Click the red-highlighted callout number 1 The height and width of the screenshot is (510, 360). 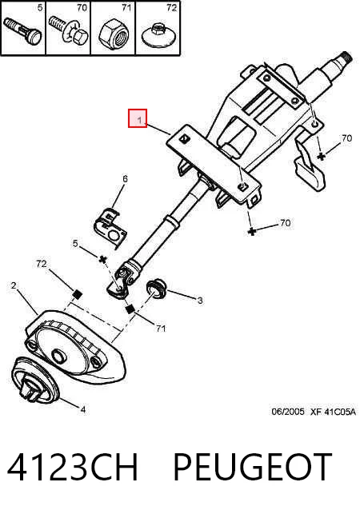point(139,120)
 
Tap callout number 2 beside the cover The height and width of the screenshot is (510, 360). point(14,285)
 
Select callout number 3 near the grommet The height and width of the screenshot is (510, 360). point(200,301)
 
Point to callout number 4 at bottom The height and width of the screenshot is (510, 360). point(83,409)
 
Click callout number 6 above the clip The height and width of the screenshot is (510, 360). point(125,178)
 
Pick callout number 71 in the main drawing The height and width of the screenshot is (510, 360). point(161,329)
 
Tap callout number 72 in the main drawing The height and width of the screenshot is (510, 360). point(42,264)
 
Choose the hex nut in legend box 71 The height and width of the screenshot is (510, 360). point(114,33)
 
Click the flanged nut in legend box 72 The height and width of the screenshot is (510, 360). point(158,34)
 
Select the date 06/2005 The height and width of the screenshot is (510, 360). point(288,412)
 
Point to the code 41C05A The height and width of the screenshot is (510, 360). point(340,412)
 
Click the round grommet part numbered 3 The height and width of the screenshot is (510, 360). point(157,288)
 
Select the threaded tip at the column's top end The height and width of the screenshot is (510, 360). point(346,58)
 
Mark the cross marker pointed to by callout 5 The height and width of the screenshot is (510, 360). point(103,259)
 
